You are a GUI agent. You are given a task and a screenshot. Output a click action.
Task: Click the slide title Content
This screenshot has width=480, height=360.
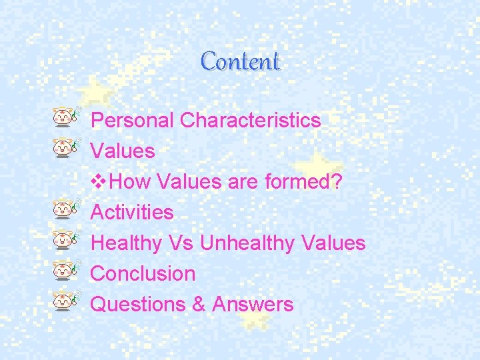click(x=240, y=62)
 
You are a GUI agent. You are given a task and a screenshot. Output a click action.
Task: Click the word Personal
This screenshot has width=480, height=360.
click(x=132, y=121)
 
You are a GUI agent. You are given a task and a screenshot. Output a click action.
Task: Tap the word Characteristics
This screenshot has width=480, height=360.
click(x=251, y=121)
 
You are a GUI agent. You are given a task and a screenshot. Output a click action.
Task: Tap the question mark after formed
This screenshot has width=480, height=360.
click(x=337, y=182)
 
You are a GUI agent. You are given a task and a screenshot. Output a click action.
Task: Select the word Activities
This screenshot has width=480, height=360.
click(x=132, y=213)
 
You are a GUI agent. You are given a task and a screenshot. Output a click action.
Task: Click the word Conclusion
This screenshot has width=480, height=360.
click(x=143, y=273)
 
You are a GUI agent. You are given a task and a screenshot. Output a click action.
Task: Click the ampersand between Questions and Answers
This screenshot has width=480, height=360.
click(x=199, y=304)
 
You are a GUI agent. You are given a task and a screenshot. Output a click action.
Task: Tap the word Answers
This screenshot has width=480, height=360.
click(x=253, y=304)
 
